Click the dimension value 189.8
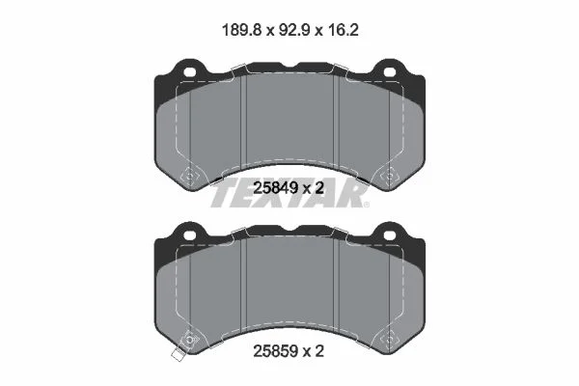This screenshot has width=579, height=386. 242,30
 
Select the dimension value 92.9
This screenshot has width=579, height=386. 294,30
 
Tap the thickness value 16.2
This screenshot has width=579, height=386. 343,30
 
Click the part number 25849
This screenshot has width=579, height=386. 275,188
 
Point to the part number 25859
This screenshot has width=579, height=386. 275,351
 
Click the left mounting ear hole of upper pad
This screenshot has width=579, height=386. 189,71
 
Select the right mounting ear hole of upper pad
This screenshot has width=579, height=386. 390,71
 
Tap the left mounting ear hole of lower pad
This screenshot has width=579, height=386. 189,234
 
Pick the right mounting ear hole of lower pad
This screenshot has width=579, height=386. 390,234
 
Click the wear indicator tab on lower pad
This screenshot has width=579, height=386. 179,354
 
